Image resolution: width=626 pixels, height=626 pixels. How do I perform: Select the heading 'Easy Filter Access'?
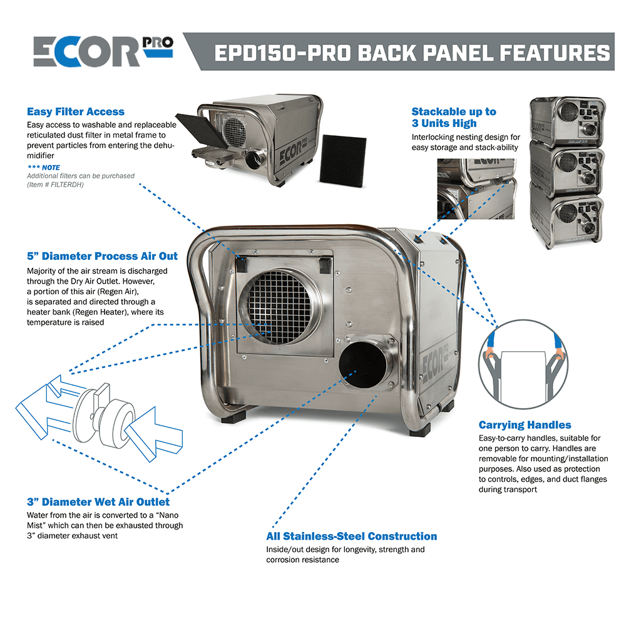coord(75,111)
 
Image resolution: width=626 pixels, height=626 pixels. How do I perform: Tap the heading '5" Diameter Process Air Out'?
coord(102,256)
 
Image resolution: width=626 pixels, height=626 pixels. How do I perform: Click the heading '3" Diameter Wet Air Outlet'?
coord(98,501)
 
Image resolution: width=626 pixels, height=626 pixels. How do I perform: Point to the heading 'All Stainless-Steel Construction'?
coord(351,536)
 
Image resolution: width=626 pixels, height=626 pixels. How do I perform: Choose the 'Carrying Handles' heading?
coord(525,424)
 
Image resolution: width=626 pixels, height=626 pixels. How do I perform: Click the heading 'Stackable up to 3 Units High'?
coord(453,117)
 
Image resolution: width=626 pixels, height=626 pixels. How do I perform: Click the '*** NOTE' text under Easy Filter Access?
coord(43,167)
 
